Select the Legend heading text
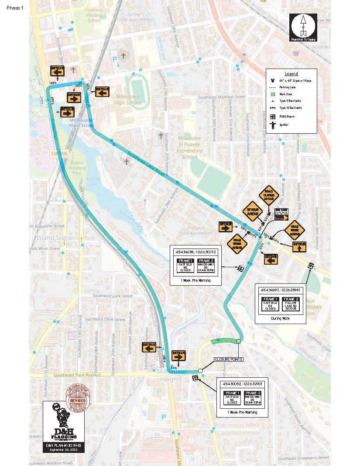[x=291, y=74]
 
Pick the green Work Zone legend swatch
[x=273, y=94]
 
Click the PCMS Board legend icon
[x=273, y=116]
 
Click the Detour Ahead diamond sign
[x=252, y=211]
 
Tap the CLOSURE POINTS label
[x=228, y=359]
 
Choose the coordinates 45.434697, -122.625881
[x=281, y=290]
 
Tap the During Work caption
[x=281, y=318]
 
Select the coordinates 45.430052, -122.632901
[x=242, y=383]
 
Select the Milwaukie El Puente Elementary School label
[x=190, y=148]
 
